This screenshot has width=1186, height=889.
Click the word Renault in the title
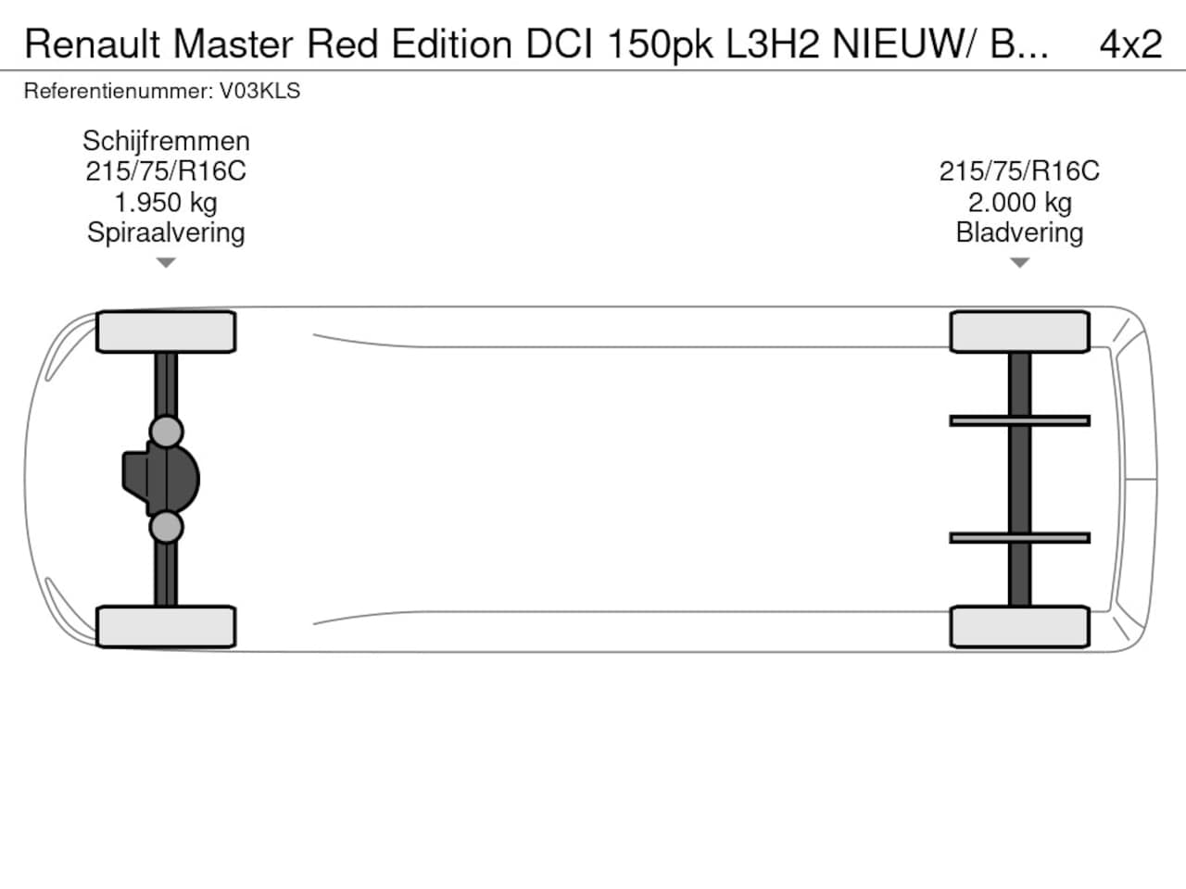pos(93,44)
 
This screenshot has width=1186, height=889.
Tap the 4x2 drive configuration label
pos(1130,44)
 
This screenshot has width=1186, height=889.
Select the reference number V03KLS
pos(259,92)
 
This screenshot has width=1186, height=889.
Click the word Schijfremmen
pos(166,142)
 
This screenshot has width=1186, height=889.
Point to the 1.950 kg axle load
pos(166,203)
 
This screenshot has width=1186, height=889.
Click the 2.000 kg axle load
pos(1019,203)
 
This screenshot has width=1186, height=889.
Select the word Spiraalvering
pos(166,233)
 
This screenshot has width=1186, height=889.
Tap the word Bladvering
pos(1019,233)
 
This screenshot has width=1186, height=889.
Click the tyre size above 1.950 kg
pos(166,171)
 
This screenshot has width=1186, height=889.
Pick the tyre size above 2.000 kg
pos(1019,171)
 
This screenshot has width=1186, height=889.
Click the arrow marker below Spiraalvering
pos(166,262)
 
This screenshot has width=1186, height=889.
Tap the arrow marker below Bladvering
pos(1019,262)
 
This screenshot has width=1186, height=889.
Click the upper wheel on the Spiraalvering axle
pos(166,332)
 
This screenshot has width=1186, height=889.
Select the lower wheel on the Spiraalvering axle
pos(166,627)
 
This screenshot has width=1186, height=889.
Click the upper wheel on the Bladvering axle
pos(1019,332)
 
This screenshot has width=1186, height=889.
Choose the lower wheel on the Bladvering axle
pos(1019,627)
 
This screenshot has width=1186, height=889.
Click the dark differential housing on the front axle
pos(161,480)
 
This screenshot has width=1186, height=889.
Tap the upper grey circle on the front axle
pos(167,432)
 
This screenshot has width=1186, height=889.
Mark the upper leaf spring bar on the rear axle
pos(1019,421)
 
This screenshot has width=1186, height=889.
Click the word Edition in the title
pos(452,44)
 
